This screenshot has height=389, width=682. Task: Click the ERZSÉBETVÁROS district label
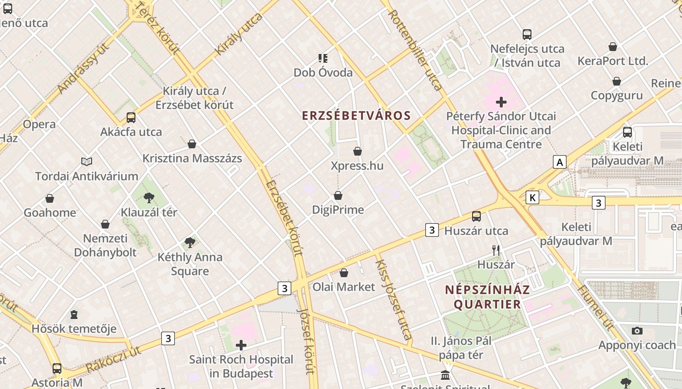[356, 116]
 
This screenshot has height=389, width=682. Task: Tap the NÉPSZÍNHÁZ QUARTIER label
[487, 297]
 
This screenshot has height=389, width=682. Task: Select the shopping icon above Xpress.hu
[358, 151]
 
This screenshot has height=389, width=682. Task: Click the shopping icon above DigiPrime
[338, 195]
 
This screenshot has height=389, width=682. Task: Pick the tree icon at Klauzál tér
[149, 197]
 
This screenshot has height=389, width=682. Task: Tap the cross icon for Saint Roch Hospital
[241, 345]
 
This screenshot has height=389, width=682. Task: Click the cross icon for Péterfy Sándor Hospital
[501, 102]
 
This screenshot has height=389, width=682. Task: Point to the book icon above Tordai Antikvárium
[87, 161]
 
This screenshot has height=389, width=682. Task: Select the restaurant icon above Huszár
[496, 250]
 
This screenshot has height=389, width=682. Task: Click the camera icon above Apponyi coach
[637, 331]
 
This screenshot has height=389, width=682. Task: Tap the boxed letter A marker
[560, 162]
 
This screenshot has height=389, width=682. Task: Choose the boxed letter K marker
[532, 197]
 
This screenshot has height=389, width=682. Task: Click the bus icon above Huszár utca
[476, 216]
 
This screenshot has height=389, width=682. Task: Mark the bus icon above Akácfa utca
[131, 117]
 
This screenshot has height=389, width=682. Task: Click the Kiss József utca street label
[394, 300]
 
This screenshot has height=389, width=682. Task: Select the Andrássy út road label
[82, 68]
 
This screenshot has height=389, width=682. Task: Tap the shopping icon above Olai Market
[344, 273]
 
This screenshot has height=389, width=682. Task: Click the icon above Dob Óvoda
[322, 58]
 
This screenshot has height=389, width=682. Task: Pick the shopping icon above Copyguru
[617, 81]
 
